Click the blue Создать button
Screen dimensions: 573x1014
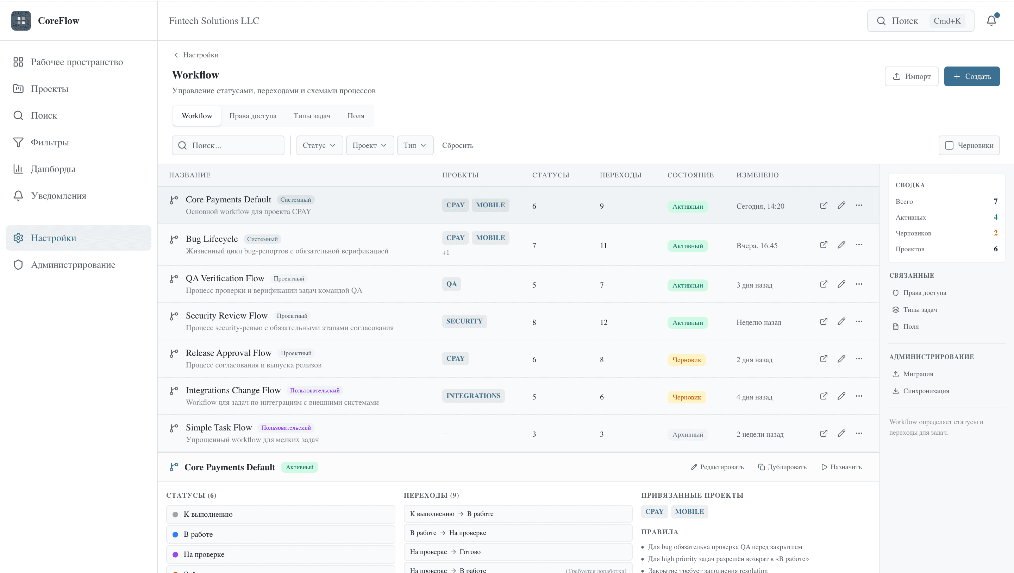coord(971,76)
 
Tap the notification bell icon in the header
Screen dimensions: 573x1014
coord(991,21)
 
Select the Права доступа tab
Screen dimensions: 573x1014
coord(253,116)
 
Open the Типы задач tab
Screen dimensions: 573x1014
coord(312,116)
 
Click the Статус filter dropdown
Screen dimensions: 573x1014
coord(319,146)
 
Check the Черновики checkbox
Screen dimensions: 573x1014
coord(949,146)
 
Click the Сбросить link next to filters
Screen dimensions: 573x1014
coord(457,146)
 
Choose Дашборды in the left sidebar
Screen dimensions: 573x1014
coord(53,169)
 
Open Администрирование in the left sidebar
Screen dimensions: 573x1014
coord(73,265)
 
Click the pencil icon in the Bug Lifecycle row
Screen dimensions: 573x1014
coord(841,245)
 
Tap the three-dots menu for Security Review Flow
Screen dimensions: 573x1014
coord(859,322)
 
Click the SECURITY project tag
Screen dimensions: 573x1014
coord(464,321)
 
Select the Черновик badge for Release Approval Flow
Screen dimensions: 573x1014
coord(687,360)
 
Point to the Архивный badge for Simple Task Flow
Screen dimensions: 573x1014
coord(687,434)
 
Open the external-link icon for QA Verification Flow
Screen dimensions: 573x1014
coord(824,284)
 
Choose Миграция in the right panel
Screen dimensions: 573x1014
coord(918,374)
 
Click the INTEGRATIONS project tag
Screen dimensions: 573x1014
coord(473,396)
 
